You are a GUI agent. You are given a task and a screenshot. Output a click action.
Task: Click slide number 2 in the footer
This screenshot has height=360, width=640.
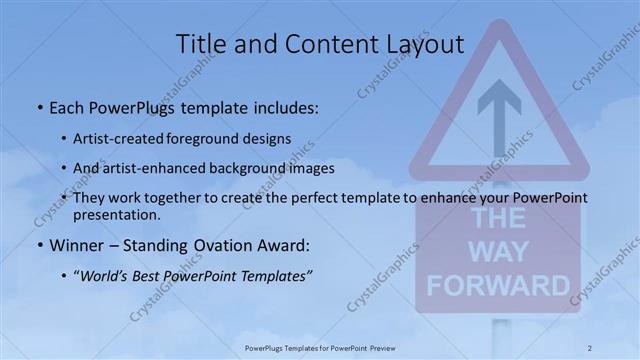[590, 347]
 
